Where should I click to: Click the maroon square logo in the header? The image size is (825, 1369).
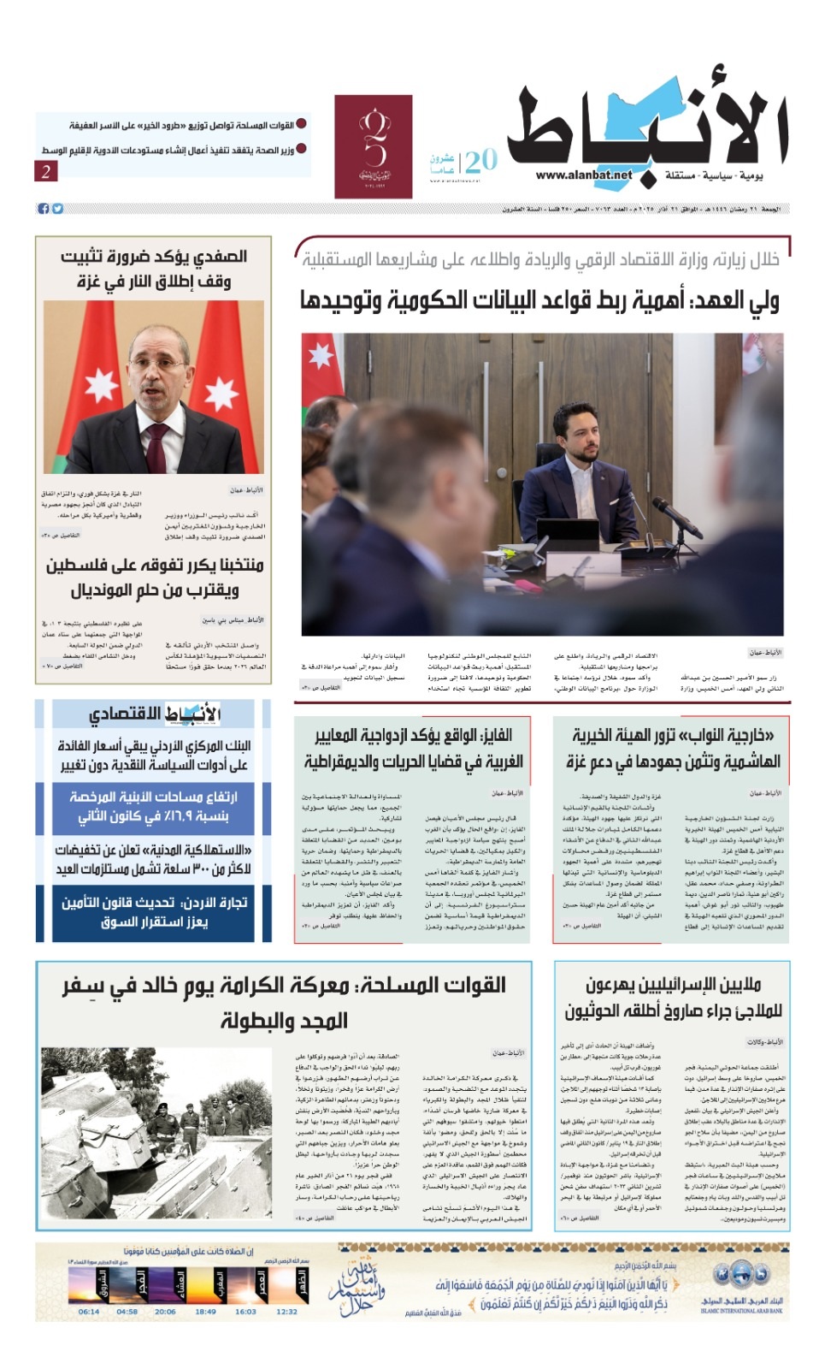[373, 146]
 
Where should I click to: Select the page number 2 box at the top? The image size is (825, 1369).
[46, 171]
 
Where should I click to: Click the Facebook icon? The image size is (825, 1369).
[43, 209]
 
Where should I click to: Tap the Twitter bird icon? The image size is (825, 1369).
[57, 209]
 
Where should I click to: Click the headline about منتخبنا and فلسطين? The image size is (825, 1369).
[155, 578]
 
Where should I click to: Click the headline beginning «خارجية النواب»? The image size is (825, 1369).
[672, 749]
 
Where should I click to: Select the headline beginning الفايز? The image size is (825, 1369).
[413, 749]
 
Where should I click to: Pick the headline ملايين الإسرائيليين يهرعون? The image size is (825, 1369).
[672, 998]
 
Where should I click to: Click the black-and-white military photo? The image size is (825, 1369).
[156, 1130]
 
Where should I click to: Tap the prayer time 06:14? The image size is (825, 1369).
[89, 1311]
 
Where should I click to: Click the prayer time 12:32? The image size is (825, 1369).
[286, 1311]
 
